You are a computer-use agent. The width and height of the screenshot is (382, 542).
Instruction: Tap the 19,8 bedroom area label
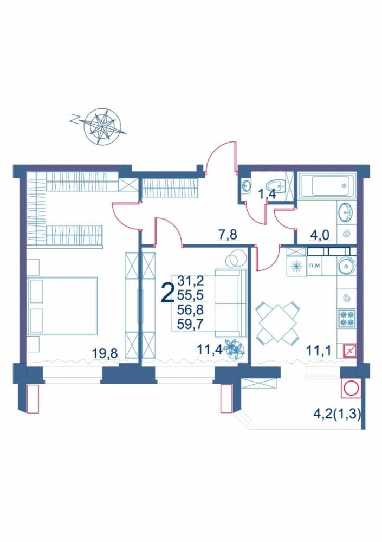point(105,353)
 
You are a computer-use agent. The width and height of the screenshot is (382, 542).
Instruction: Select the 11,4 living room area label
point(210,350)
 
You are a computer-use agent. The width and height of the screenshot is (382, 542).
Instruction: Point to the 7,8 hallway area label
point(227,235)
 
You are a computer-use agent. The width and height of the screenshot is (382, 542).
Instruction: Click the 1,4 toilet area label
point(267,194)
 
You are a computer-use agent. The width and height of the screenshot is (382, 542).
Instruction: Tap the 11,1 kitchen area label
point(319,351)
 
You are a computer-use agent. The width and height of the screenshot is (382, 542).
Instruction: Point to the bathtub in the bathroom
point(327,186)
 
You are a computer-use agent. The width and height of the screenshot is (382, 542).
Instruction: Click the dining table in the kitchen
point(277,321)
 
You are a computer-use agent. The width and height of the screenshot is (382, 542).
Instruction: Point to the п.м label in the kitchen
point(314,266)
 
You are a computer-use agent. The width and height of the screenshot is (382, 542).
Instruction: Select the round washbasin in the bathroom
point(346,211)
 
